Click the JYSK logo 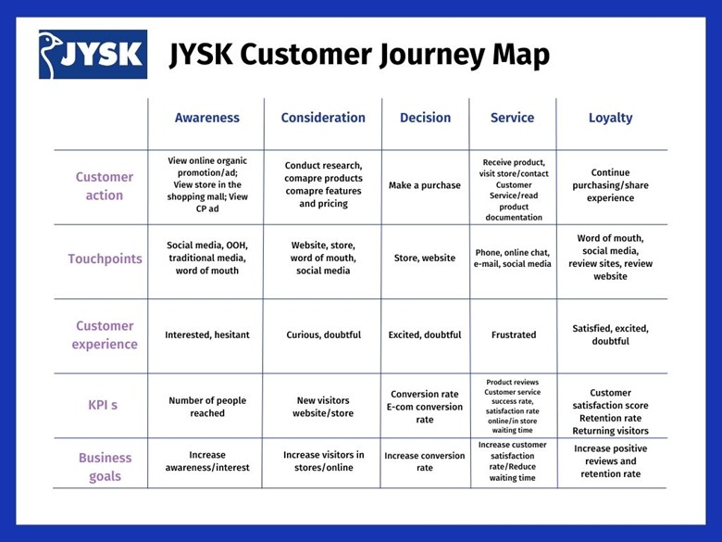pyautogui.click(x=93, y=55)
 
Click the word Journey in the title pyautogui.click(x=432, y=56)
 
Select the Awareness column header pyautogui.click(x=207, y=118)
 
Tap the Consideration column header pyautogui.click(x=323, y=118)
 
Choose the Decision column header pyautogui.click(x=425, y=118)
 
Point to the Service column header pyautogui.click(x=513, y=118)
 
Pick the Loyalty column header pyautogui.click(x=611, y=118)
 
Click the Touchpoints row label pyautogui.click(x=105, y=259)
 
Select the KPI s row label pyautogui.click(x=103, y=405)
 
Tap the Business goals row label pyautogui.click(x=105, y=467)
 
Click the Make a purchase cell pyautogui.click(x=425, y=185)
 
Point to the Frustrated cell pyautogui.click(x=514, y=334)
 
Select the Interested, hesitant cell pyautogui.click(x=207, y=335)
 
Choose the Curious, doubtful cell pyautogui.click(x=324, y=335)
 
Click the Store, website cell pyautogui.click(x=425, y=258)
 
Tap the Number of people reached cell pyautogui.click(x=207, y=407)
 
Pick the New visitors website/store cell pyautogui.click(x=323, y=407)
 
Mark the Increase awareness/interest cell pyautogui.click(x=207, y=460)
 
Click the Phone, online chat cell pyautogui.click(x=513, y=258)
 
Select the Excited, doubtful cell pyautogui.click(x=425, y=335)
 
